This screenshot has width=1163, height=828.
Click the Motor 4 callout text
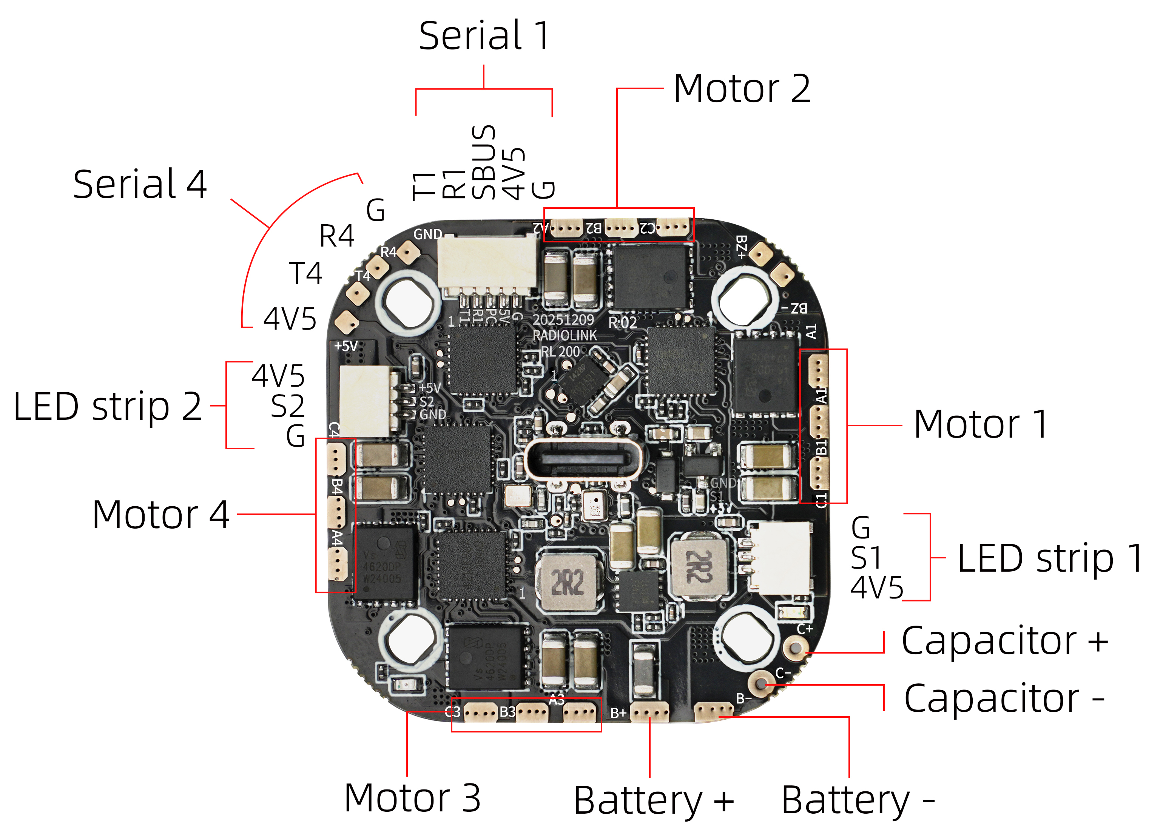pyautogui.click(x=160, y=515)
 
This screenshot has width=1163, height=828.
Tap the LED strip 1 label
pyautogui.click(x=1050, y=558)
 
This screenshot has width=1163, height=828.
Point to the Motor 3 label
pyautogui.click(x=412, y=798)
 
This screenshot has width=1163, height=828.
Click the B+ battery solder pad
pyautogui.click(x=649, y=712)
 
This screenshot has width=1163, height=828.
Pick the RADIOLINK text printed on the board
pyautogui.click(x=565, y=336)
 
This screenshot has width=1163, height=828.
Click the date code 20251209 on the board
pyautogui.click(x=563, y=320)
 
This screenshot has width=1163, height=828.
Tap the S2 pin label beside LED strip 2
pyautogui.click(x=287, y=406)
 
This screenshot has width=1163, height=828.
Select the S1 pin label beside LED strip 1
pyautogui.click(x=866, y=558)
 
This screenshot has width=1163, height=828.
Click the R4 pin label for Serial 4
pyautogui.click(x=336, y=236)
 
